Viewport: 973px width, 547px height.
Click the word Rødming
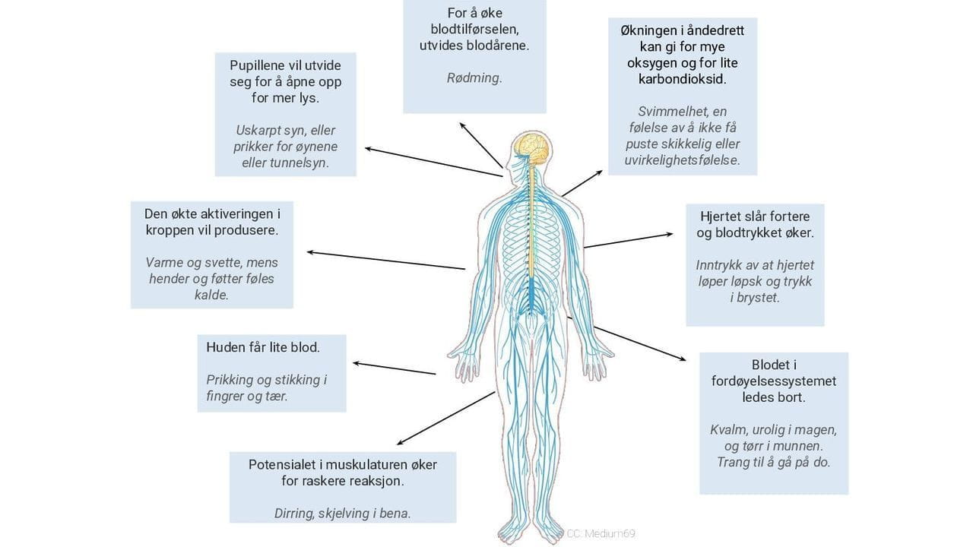coord(474,77)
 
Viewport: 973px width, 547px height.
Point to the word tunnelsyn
coord(298,163)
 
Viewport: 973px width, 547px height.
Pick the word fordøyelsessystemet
coord(774,381)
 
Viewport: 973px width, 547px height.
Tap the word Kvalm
coord(727,429)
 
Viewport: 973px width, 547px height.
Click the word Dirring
coord(293,513)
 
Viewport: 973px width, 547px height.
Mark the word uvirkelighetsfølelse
coord(682,160)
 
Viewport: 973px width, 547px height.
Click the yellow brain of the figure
coord(531,147)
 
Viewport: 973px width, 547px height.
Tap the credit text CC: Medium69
coord(601,533)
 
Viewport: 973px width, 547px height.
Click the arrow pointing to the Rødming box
coord(480,144)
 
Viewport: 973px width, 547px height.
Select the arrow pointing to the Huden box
coord(394,368)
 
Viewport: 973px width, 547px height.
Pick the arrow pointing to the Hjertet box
coord(628,240)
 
